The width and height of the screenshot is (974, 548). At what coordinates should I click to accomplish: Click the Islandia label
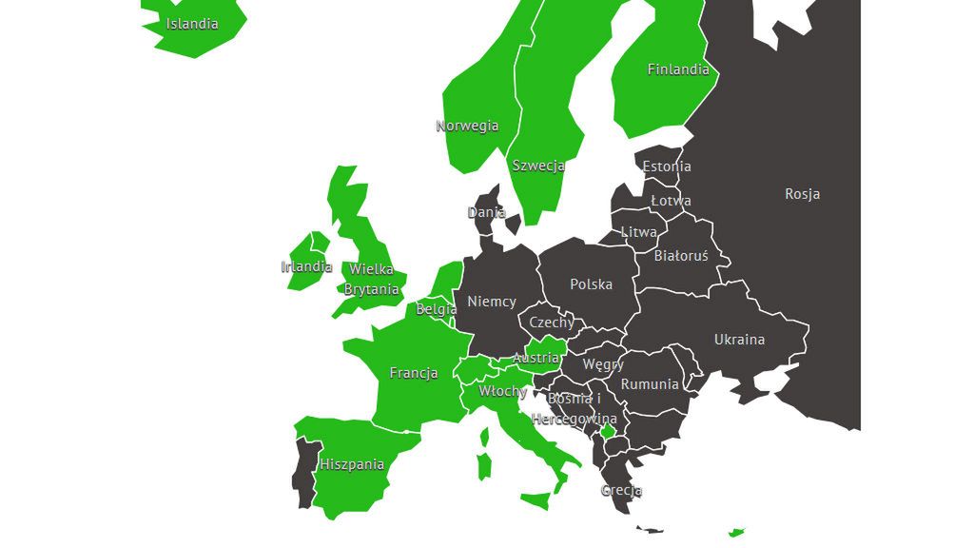pyautogui.click(x=192, y=24)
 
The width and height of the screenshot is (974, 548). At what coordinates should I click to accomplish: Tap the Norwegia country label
pyautogui.click(x=467, y=126)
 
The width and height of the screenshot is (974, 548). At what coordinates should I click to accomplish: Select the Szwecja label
pyautogui.click(x=538, y=166)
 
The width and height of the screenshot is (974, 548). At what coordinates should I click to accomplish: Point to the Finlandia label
pyautogui.click(x=678, y=69)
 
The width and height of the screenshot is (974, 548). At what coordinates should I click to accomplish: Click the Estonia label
pyautogui.click(x=667, y=166)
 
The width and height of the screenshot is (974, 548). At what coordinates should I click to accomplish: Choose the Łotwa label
pyautogui.click(x=671, y=201)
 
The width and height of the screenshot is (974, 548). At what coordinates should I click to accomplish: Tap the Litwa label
pyautogui.click(x=638, y=232)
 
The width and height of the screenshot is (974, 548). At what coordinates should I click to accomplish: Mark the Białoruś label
pyautogui.click(x=681, y=255)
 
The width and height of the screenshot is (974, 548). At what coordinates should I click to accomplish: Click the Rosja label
pyautogui.click(x=802, y=194)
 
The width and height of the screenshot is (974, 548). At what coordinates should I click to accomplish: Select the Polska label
pyautogui.click(x=591, y=284)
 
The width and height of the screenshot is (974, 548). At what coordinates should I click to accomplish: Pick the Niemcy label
pyautogui.click(x=492, y=302)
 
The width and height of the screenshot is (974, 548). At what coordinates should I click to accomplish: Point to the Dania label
pyautogui.click(x=486, y=212)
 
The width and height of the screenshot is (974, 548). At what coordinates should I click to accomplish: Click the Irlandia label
pyautogui.click(x=306, y=266)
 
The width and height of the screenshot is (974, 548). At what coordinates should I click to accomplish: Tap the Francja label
pyautogui.click(x=414, y=373)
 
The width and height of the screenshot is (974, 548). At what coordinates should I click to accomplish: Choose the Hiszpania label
pyautogui.click(x=352, y=464)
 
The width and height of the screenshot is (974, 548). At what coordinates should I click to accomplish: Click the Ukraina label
pyautogui.click(x=739, y=340)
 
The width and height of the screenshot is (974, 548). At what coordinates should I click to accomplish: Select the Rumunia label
pyautogui.click(x=650, y=384)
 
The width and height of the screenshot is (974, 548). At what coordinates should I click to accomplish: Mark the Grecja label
pyautogui.click(x=621, y=491)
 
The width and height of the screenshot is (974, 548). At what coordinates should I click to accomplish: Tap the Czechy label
pyautogui.click(x=552, y=323)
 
